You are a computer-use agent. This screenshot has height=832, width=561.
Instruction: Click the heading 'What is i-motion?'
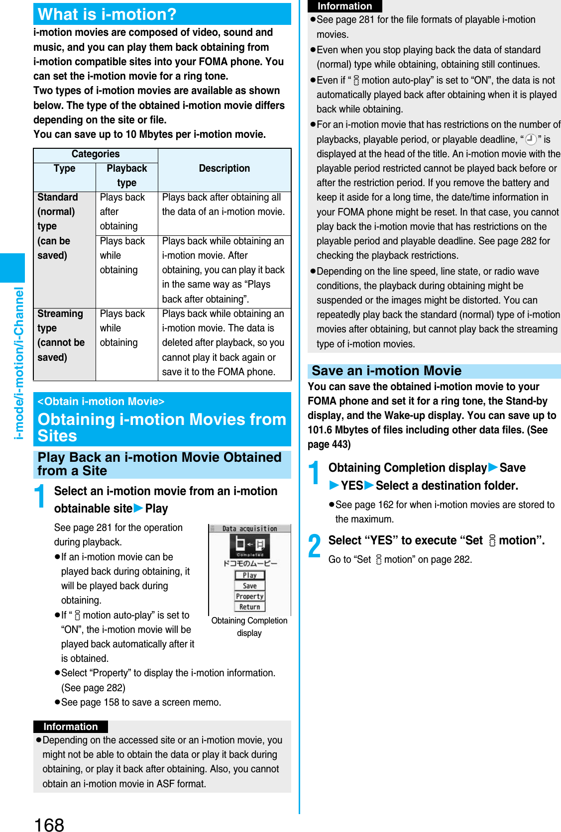tap(108, 14)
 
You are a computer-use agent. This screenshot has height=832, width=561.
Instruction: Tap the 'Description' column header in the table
tap(224, 169)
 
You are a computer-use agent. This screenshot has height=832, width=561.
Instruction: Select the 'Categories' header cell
tap(96, 154)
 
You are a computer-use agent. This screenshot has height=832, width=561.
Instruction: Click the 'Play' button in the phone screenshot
tap(249, 575)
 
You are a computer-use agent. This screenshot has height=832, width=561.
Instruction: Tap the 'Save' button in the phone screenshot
tap(249, 586)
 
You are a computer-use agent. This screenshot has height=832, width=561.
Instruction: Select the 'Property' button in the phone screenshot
tap(249, 596)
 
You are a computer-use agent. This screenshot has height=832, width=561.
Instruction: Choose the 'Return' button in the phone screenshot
tap(249, 607)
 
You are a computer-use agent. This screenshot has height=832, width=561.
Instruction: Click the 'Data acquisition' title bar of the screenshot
tap(249, 528)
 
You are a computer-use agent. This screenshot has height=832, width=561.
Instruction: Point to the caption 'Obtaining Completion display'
tap(249, 626)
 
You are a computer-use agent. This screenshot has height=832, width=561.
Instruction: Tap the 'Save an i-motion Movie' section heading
tap(387, 371)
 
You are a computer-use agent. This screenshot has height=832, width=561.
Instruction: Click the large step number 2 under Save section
tap(315, 546)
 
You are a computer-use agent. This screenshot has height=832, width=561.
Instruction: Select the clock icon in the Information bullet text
tap(531, 140)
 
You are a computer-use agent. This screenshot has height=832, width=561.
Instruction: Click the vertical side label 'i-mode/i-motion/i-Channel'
tap(19, 363)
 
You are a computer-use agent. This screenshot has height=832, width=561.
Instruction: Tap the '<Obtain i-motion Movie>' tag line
tap(101, 402)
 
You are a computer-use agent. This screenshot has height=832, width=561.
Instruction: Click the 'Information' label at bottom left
tap(71, 727)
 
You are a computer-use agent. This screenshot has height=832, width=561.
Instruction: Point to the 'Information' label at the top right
tap(345, 6)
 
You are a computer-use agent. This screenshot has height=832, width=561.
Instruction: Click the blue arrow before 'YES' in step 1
tap(334, 486)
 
